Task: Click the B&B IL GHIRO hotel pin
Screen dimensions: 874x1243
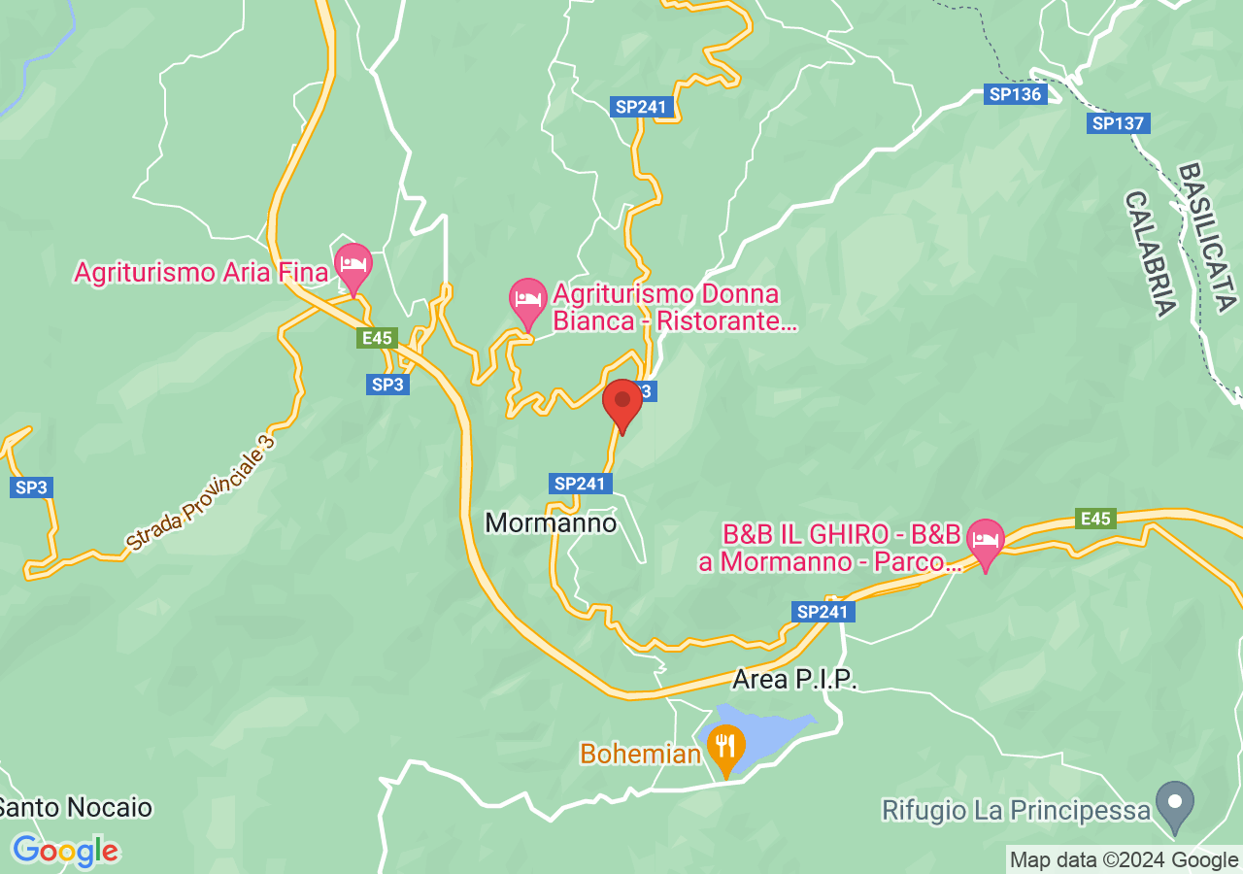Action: (986, 541)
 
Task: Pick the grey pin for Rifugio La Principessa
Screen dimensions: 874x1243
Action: (1177, 805)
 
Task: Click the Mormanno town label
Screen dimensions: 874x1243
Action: (551, 523)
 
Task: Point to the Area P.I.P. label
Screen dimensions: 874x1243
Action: (795, 679)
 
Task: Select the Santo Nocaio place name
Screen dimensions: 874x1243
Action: (75, 807)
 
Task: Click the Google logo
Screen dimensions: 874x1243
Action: (65, 852)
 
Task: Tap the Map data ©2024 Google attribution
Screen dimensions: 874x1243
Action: (1124, 860)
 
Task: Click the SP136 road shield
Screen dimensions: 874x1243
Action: (1014, 94)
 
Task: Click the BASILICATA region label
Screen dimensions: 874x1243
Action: (1207, 237)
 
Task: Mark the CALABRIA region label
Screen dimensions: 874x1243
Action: (1152, 252)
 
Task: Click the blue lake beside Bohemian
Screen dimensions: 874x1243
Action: (772, 732)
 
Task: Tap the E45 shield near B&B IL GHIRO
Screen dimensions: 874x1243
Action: (1094, 519)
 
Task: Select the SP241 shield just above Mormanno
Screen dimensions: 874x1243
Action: (580, 484)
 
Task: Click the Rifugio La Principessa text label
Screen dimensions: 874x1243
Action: (1016, 809)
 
